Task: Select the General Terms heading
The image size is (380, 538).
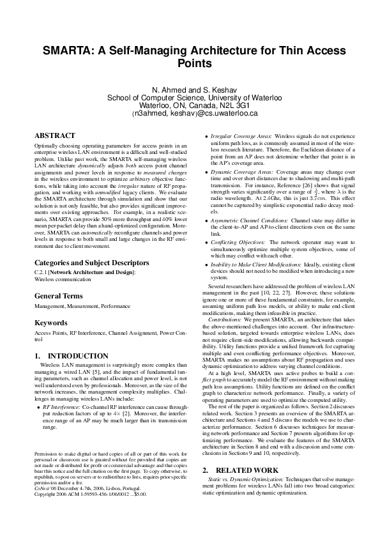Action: pyautogui.click(x=58, y=296)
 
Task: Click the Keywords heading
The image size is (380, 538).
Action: pyautogui.click(x=50, y=323)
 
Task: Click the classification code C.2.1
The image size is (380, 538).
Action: pyautogui.click(x=42, y=272)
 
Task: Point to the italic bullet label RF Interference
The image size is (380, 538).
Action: pyautogui.click(x=62, y=406)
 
